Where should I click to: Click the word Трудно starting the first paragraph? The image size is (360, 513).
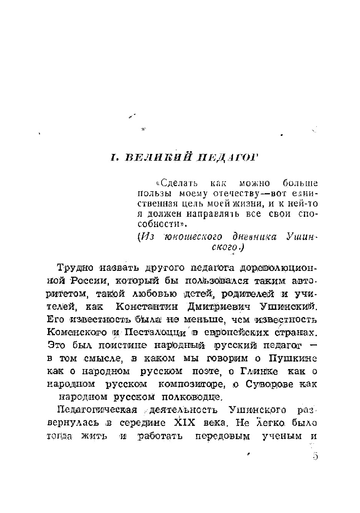pyautogui.click(x=75, y=267)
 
